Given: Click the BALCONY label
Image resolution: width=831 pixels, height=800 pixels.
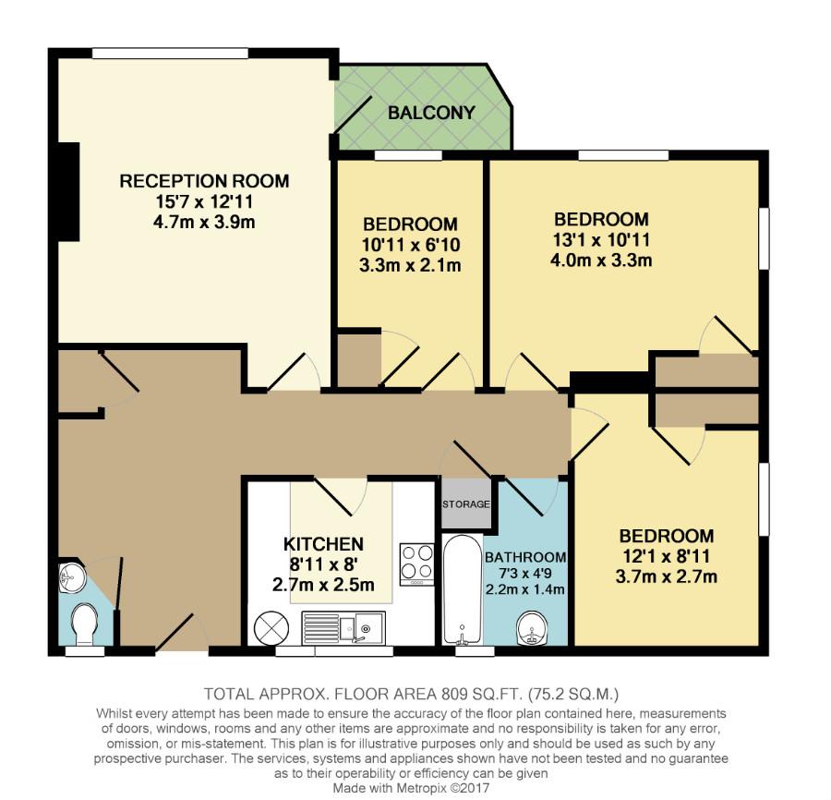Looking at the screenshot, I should pyautogui.click(x=431, y=114).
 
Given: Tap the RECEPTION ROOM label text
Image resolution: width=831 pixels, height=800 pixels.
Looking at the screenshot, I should pyautogui.click(x=204, y=181).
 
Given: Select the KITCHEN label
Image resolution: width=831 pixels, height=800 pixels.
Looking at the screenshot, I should pyautogui.click(x=323, y=544).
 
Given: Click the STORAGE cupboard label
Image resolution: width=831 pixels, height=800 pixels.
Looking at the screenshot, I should pyautogui.click(x=466, y=504).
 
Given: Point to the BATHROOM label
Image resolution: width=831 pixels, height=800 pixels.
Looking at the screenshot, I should pyautogui.click(x=525, y=557).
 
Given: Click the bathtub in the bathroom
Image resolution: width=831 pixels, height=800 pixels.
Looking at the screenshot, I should pyautogui.click(x=460, y=591).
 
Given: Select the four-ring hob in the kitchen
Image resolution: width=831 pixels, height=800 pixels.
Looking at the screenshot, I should pyautogui.click(x=416, y=561).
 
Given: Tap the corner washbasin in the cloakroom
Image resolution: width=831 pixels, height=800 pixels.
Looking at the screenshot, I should pyautogui.click(x=71, y=580).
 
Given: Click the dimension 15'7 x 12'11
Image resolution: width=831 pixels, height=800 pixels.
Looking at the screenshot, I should pyautogui.click(x=204, y=201).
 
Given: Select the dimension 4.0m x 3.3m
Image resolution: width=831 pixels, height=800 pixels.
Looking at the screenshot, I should pyautogui.click(x=601, y=260).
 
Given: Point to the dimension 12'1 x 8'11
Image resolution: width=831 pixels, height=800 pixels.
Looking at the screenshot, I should pyautogui.click(x=666, y=556).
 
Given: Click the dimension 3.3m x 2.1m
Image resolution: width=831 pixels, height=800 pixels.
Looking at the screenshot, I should pyautogui.click(x=410, y=265).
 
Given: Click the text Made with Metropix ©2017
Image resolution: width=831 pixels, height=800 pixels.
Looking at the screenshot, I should pyautogui.click(x=412, y=788).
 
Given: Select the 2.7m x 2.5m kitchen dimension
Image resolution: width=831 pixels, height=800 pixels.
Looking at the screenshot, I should pyautogui.click(x=323, y=585).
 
